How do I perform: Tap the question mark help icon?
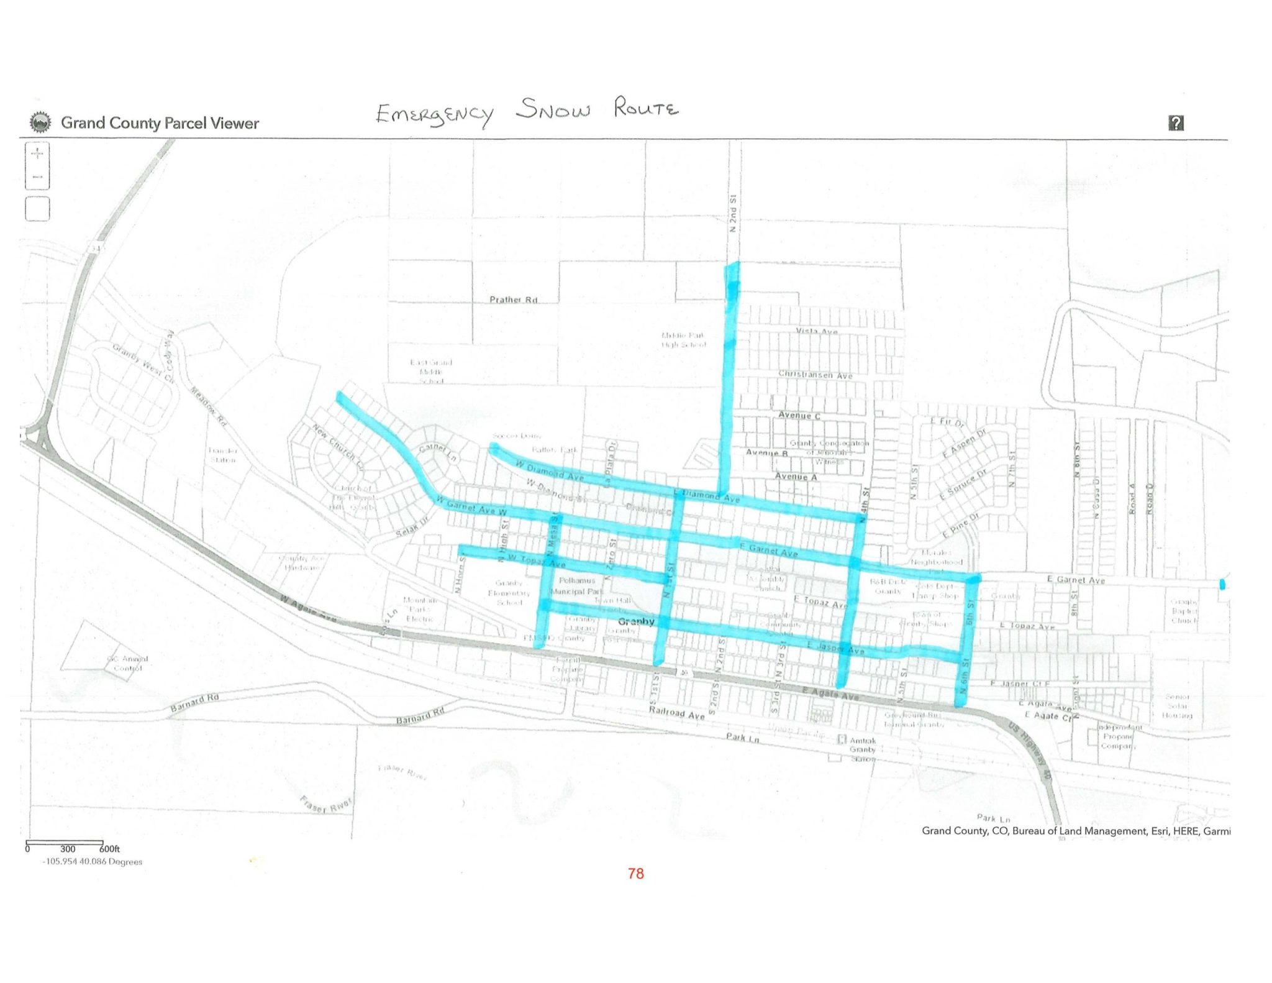pyautogui.click(x=1175, y=123)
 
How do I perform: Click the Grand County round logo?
pyautogui.click(x=41, y=122)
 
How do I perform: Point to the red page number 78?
pyautogui.click(x=635, y=874)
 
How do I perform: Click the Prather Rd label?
pyautogui.click(x=513, y=299)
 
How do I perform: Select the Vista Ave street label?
pyautogui.click(x=817, y=332)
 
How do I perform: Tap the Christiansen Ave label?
pyautogui.click(x=815, y=375)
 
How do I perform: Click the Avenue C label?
pyautogui.click(x=799, y=415)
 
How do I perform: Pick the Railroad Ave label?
pyautogui.click(x=676, y=712)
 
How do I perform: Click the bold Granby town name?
pyautogui.click(x=636, y=621)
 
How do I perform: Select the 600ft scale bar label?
pyautogui.click(x=109, y=849)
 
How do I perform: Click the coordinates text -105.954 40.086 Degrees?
pyautogui.click(x=92, y=862)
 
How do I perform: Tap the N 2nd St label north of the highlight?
pyautogui.click(x=733, y=214)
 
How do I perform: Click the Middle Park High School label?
pyautogui.click(x=683, y=340)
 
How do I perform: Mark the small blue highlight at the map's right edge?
pyautogui.click(x=1222, y=584)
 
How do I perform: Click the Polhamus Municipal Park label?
pyautogui.click(x=577, y=586)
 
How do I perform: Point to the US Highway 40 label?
pyautogui.click(x=1030, y=751)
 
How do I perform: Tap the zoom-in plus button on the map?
pyautogui.click(x=37, y=153)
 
